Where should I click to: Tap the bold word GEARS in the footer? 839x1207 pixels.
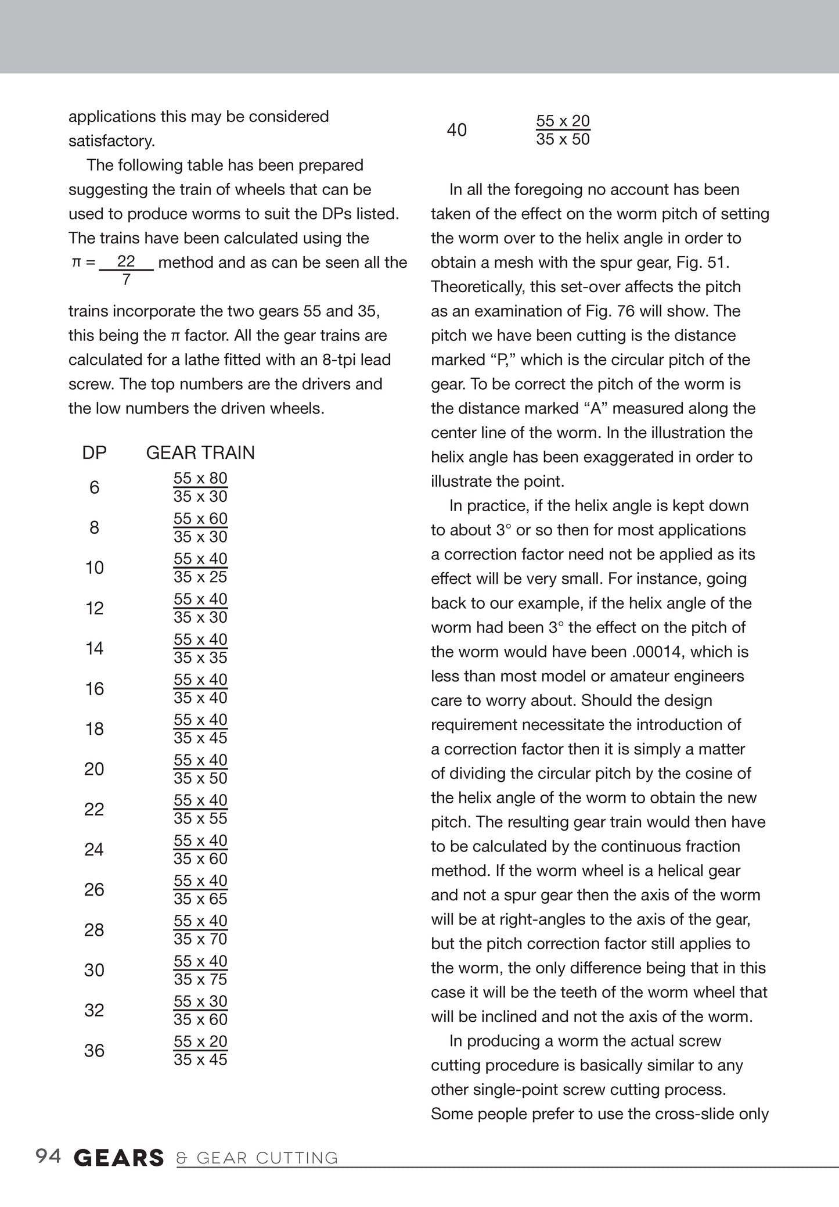click(x=119, y=1158)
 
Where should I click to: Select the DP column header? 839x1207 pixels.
click(x=95, y=452)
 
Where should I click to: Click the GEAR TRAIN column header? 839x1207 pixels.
click(x=200, y=452)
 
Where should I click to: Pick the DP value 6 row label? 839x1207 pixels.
click(x=95, y=487)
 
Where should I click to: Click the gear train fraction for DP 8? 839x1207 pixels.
click(x=200, y=527)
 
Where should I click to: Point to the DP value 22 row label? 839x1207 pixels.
click(x=95, y=809)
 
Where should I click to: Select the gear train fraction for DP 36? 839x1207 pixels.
click(x=200, y=1050)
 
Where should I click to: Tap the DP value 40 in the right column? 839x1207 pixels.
click(x=457, y=130)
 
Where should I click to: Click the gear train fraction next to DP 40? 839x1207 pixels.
click(x=563, y=130)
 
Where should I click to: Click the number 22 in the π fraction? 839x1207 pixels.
click(x=126, y=261)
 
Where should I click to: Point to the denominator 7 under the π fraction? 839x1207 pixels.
click(x=127, y=280)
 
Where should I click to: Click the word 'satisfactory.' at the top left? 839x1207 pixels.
click(x=111, y=141)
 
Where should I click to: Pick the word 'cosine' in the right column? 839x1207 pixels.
click(x=726, y=773)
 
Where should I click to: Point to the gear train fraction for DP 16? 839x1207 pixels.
click(x=200, y=688)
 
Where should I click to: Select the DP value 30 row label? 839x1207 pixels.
click(x=95, y=970)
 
